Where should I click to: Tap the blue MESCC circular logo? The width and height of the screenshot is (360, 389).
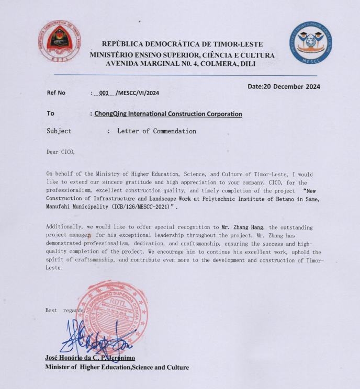tap(311, 45)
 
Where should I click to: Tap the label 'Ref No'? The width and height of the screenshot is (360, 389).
tap(57, 93)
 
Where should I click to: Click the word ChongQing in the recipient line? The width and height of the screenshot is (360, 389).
tap(112, 113)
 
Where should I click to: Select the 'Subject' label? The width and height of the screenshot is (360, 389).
tap(59, 131)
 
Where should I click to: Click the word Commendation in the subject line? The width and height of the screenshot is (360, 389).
tap(174, 131)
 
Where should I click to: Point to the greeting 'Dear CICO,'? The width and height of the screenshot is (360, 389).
tap(61, 152)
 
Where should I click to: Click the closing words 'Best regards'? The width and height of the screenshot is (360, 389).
tap(64, 310)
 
